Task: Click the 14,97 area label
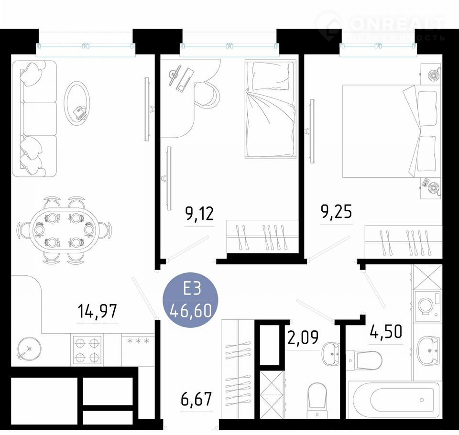pos(98,311)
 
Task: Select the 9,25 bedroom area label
pos(336,212)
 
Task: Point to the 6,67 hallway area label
pos(196,399)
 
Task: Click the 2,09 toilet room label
pos(303,337)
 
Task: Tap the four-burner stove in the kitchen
pos(87,350)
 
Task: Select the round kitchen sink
pos(29,348)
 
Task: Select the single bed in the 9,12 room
pos(270,109)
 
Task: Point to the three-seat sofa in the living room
pos(34,119)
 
